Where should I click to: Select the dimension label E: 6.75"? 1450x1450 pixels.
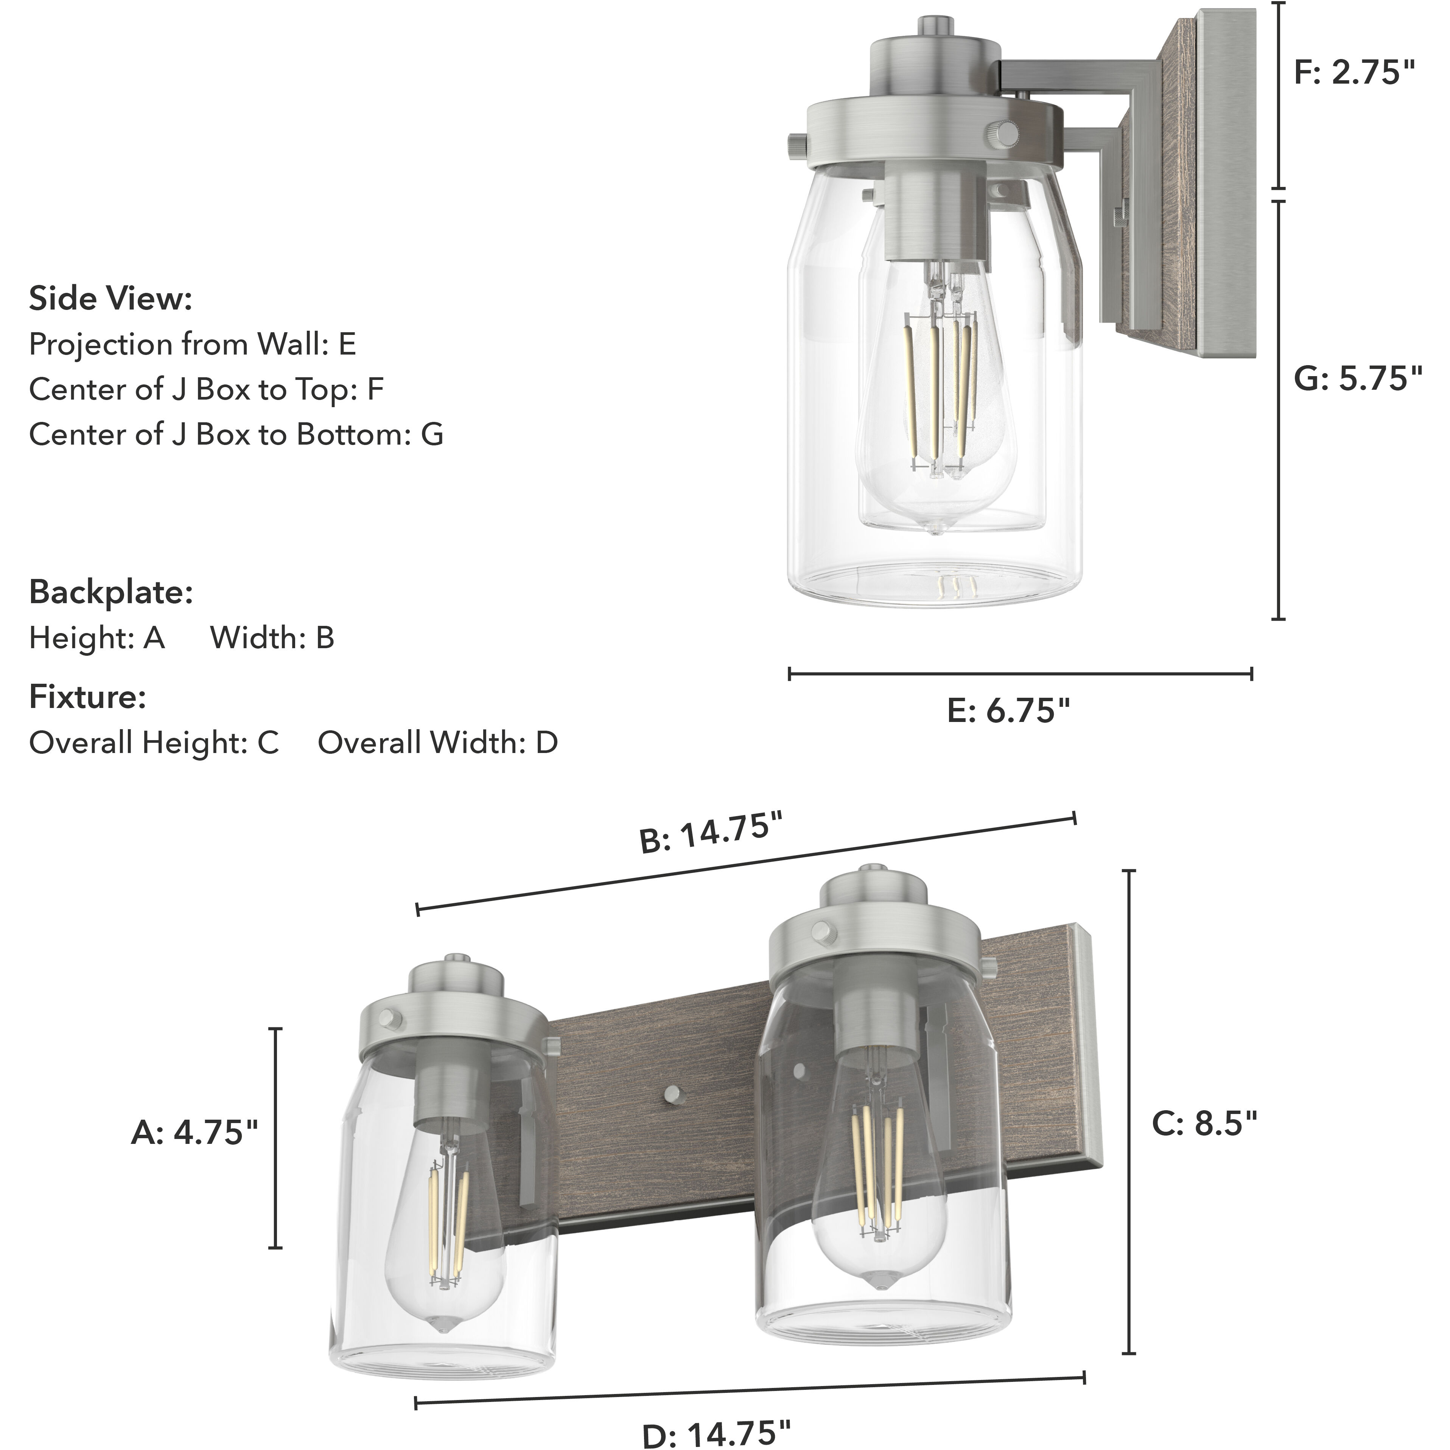pyautogui.click(x=1008, y=710)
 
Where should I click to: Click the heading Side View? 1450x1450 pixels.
pyautogui.click(x=110, y=299)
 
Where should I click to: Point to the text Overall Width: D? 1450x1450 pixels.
pyautogui.click(x=437, y=743)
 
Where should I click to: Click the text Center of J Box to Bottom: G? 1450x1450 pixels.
pyautogui.click(x=236, y=434)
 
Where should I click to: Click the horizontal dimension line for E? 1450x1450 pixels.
pyautogui.click(x=1020, y=674)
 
